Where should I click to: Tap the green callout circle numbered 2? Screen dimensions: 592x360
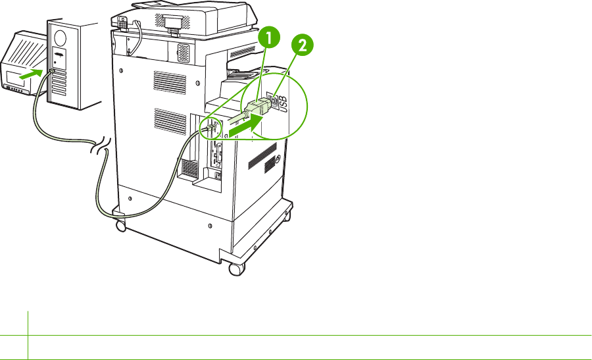(302, 45)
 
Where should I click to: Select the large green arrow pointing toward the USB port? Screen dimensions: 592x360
(246, 126)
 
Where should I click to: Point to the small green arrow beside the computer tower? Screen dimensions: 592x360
(31, 74)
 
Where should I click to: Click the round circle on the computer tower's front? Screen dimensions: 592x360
(61, 38)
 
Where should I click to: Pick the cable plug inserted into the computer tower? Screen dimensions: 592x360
(52, 70)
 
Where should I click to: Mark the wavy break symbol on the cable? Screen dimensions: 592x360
(101, 147)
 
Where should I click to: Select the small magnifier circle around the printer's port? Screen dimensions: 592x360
(212, 128)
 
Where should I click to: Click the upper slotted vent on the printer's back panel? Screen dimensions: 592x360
(170, 82)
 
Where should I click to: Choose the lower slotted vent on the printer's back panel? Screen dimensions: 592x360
(170, 122)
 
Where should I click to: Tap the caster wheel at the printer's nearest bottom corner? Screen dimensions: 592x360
(236, 269)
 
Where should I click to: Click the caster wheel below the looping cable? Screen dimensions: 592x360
(121, 226)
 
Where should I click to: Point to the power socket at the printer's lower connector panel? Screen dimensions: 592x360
(217, 176)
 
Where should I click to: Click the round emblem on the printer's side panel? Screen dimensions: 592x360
(278, 159)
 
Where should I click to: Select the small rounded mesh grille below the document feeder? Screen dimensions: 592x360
(184, 53)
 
